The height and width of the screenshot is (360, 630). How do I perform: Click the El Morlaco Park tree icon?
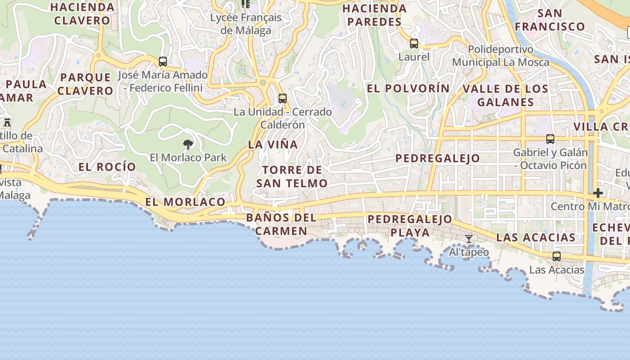pos(188,144)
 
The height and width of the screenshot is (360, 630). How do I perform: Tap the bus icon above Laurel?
pos(414,44)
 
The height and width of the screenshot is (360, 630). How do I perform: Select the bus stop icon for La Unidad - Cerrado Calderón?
pos(283,98)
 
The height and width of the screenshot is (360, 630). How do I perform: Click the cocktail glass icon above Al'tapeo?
pos(469,239)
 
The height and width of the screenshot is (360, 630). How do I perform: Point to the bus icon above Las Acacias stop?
pos(557,256)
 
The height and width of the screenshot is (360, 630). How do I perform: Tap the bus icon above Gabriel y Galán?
pos(550,139)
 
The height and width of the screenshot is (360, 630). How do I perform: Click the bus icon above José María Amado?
pos(163,62)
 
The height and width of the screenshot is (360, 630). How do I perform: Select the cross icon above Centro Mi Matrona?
pos(598,193)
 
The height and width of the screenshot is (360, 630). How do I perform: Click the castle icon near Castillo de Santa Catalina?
pos(7,122)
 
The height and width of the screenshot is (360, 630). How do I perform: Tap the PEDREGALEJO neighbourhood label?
pos(437,158)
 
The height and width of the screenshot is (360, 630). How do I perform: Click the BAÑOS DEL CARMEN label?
pos(281,225)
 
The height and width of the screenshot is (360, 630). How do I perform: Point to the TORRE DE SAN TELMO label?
pos(292,176)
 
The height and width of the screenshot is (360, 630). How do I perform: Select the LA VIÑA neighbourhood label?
pos(273,144)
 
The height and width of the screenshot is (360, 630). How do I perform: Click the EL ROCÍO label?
pos(107,167)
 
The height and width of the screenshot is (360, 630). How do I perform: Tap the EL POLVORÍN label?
pos(408,89)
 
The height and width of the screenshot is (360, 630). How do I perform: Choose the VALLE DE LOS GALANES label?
pos(505,95)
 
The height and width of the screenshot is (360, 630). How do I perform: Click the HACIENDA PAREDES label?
pos(374,15)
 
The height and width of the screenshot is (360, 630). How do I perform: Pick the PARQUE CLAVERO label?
pos(85,84)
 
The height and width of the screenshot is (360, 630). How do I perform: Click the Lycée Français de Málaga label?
pos(246,24)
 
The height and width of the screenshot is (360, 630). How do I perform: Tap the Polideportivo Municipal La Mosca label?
pos(500,56)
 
